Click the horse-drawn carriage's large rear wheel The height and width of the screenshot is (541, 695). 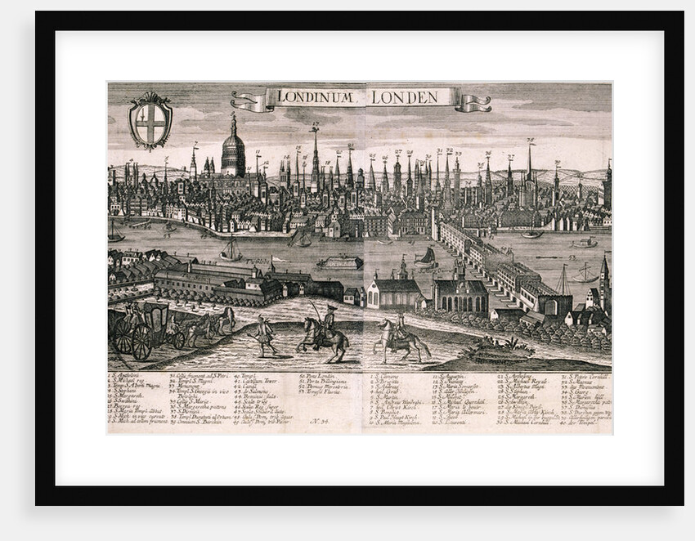point(141,342)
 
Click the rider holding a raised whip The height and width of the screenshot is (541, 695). point(324,332)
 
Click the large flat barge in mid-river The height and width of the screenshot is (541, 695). point(339,262)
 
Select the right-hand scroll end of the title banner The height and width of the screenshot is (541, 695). point(473,103)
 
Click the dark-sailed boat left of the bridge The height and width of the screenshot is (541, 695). point(424,259)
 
